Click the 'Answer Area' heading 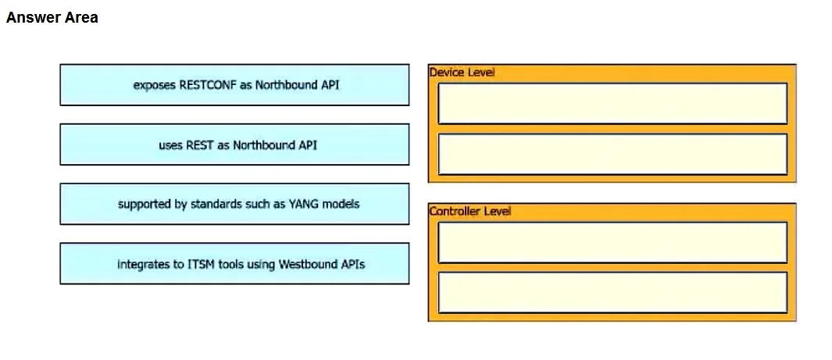(x=52, y=17)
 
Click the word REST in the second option (x=200, y=144)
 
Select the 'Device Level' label (x=462, y=73)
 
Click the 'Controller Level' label (x=470, y=212)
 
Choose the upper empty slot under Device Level (x=612, y=103)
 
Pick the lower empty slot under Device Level (x=612, y=154)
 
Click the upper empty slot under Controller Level (x=612, y=242)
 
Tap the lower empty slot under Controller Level (x=612, y=293)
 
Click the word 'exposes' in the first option (x=155, y=85)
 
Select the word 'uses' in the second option (x=170, y=144)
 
